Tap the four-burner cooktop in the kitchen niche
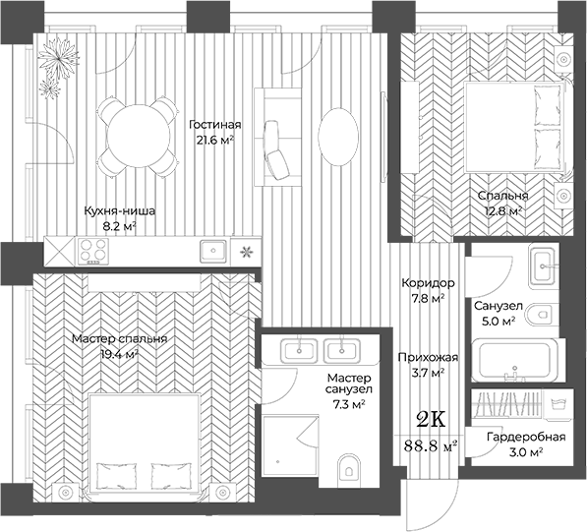(x=93, y=251)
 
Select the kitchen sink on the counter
(x=213, y=250)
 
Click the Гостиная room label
(x=215, y=124)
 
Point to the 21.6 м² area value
(x=215, y=140)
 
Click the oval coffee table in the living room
(x=338, y=137)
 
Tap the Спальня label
(x=502, y=196)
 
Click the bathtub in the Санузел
(x=515, y=360)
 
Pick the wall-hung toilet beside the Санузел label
(x=539, y=314)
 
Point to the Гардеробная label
(x=526, y=437)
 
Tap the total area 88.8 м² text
(x=431, y=445)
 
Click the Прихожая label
(x=428, y=357)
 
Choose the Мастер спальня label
(x=119, y=339)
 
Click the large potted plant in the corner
(x=59, y=60)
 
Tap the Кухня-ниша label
(x=119, y=210)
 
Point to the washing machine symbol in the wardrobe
(x=558, y=404)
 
